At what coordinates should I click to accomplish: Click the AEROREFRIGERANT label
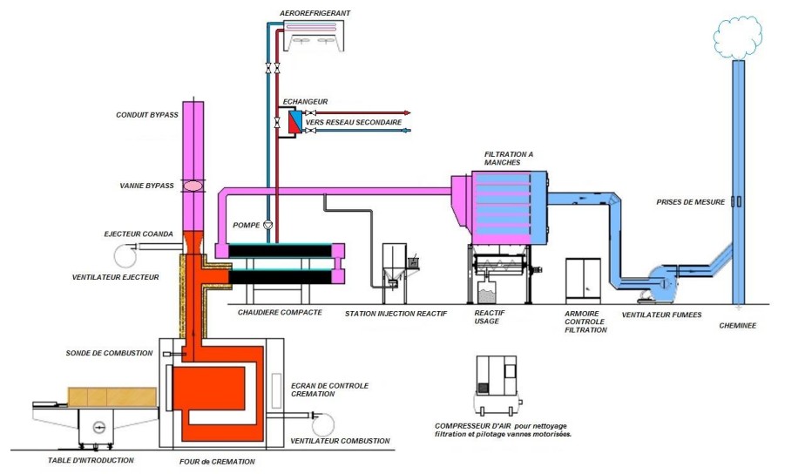click(x=315, y=13)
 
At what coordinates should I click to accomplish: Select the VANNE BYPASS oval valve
click(x=194, y=186)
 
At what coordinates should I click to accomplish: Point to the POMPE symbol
click(x=268, y=224)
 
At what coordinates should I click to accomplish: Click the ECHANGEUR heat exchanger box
click(x=295, y=122)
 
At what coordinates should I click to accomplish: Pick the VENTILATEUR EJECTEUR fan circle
click(x=124, y=254)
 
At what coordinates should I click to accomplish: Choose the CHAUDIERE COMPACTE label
click(x=280, y=311)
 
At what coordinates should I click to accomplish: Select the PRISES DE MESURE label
click(x=691, y=202)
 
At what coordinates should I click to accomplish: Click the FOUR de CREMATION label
click(x=212, y=462)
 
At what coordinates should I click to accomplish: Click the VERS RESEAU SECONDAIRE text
click(x=361, y=123)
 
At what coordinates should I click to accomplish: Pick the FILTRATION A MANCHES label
click(x=509, y=158)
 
